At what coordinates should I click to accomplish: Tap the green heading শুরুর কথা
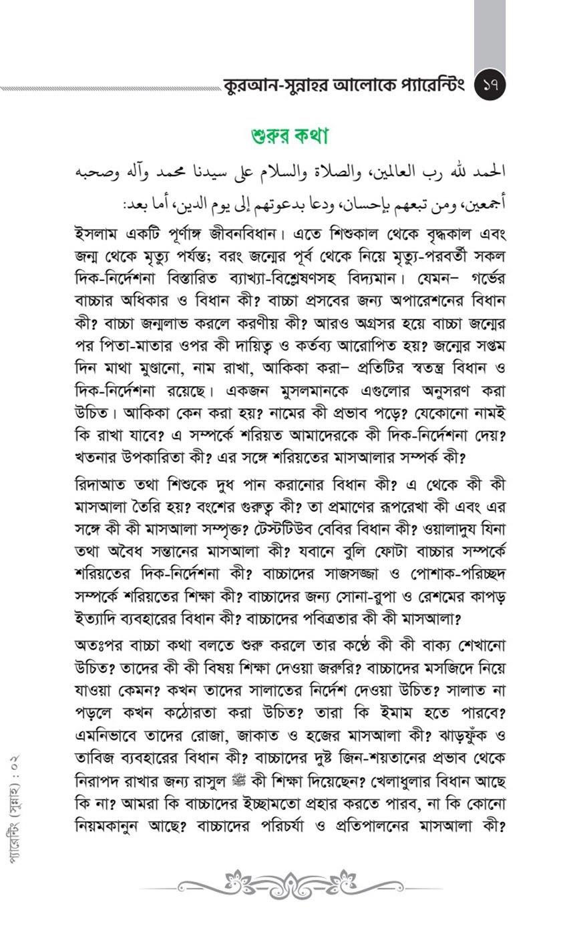pyautogui.click(x=290, y=136)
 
